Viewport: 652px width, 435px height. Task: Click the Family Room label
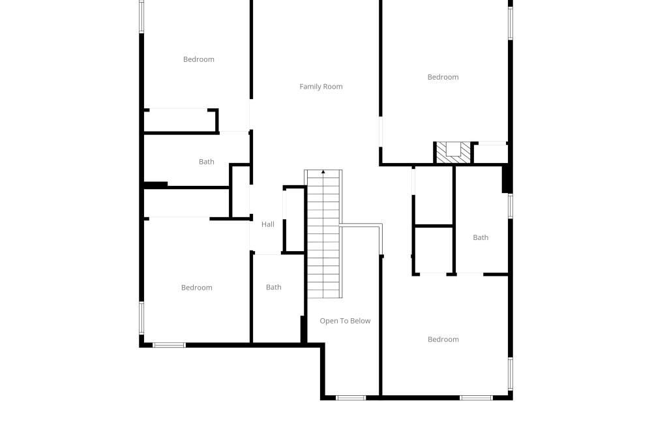tap(321, 87)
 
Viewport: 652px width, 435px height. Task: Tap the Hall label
tap(268, 224)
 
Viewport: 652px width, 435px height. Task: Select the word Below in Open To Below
tap(359, 321)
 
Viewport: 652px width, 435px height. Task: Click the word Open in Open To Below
tap(329, 321)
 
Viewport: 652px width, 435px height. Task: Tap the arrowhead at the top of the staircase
tap(323, 172)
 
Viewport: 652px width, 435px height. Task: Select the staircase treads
tap(323, 235)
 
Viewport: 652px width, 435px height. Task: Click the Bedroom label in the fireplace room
tap(443, 77)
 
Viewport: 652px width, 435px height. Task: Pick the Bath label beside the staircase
tap(274, 288)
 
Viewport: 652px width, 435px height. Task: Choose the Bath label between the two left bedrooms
tap(207, 162)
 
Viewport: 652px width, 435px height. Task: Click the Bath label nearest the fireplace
tap(481, 237)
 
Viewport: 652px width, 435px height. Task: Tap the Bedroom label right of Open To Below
tap(443, 339)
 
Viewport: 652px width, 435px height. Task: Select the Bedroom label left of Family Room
tap(199, 59)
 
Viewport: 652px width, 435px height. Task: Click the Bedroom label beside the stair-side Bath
tap(197, 288)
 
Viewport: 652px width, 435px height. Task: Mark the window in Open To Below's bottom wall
tap(351, 397)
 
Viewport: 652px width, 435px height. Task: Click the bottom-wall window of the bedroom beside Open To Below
tap(475, 397)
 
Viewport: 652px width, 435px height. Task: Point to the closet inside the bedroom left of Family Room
tap(180, 121)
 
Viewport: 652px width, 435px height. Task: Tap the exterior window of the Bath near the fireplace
tap(511, 206)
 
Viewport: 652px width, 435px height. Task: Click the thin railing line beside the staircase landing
tap(361, 226)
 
